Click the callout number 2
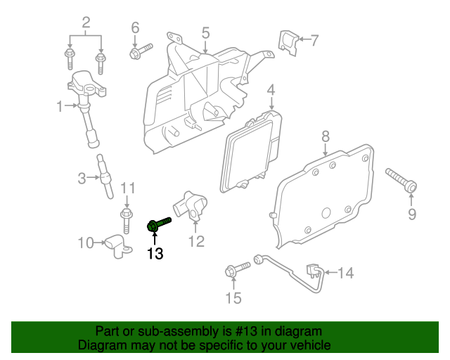coord(86,24)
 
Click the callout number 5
coord(205,32)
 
